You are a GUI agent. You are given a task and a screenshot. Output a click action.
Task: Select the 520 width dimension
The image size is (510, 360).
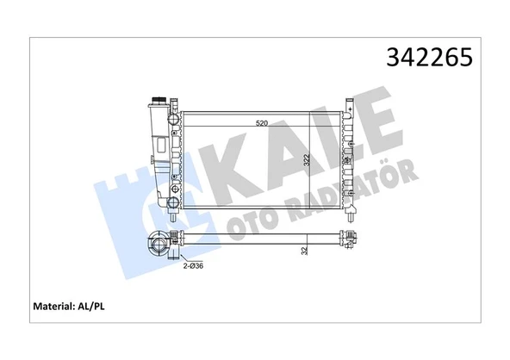(261, 124)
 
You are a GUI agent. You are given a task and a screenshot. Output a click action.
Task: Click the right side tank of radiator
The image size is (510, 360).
(350, 159)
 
